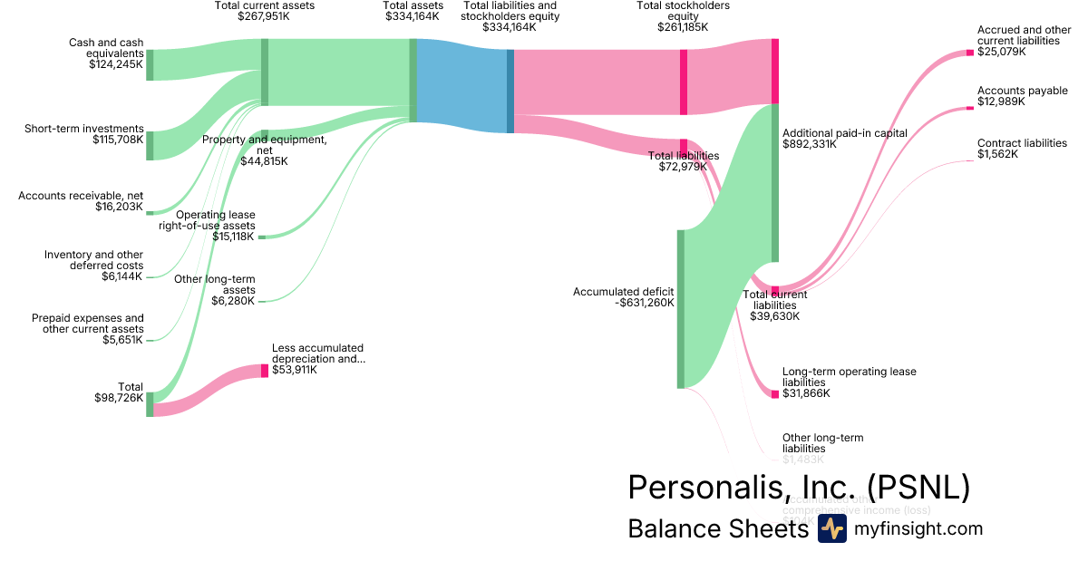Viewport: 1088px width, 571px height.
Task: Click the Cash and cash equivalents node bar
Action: pyautogui.click(x=150, y=65)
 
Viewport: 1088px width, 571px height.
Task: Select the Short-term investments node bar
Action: pyautogui.click(x=150, y=146)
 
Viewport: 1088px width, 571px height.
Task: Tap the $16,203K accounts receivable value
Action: pyautogui.click(x=119, y=207)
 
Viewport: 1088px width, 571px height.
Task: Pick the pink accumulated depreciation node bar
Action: pyautogui.click(x=265, y=371)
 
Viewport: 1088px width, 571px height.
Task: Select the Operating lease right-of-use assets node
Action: pyautogui.click(x=262, y=237)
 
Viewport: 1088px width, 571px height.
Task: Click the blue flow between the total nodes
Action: pyautogui.click(x=461, y=86)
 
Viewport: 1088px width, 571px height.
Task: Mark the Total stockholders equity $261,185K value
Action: pyautogui.click(x=683, y=27)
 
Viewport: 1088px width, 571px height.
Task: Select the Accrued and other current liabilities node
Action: pyautogui.click(x=969, y=53)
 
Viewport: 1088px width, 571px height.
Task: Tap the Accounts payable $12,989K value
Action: pyautogui.click(x=1001, y=102)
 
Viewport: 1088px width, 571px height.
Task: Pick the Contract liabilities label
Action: pyautogui.click(x=1022, y=143)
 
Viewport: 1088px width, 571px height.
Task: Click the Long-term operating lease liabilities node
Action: pyautogui.click(x=775, y=394)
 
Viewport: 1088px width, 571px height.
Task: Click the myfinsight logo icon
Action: pyautogui.click(x=831, y=529)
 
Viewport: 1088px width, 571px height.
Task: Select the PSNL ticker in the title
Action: pyautogui.click(x=918, y=488)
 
